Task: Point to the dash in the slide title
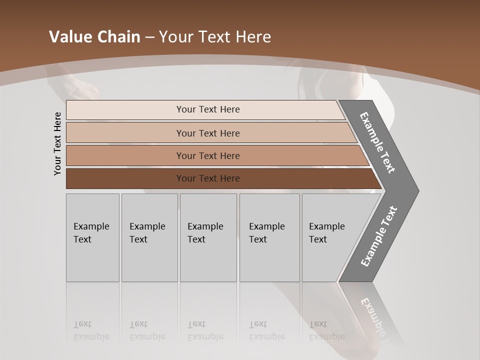[149, 37]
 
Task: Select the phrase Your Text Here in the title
[215, 37]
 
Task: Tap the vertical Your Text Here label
[57, 143]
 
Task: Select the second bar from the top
[207, 133]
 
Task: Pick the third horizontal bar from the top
[207, 155]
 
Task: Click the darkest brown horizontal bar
[207, 178]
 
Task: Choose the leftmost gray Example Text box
[92, 237]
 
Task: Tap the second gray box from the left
[149, 237]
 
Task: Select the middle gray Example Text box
[208, 237]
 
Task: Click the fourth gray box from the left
[269, 237]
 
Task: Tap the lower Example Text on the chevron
[379, 236]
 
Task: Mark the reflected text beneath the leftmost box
[91, 330]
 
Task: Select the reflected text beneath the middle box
[205, 330]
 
